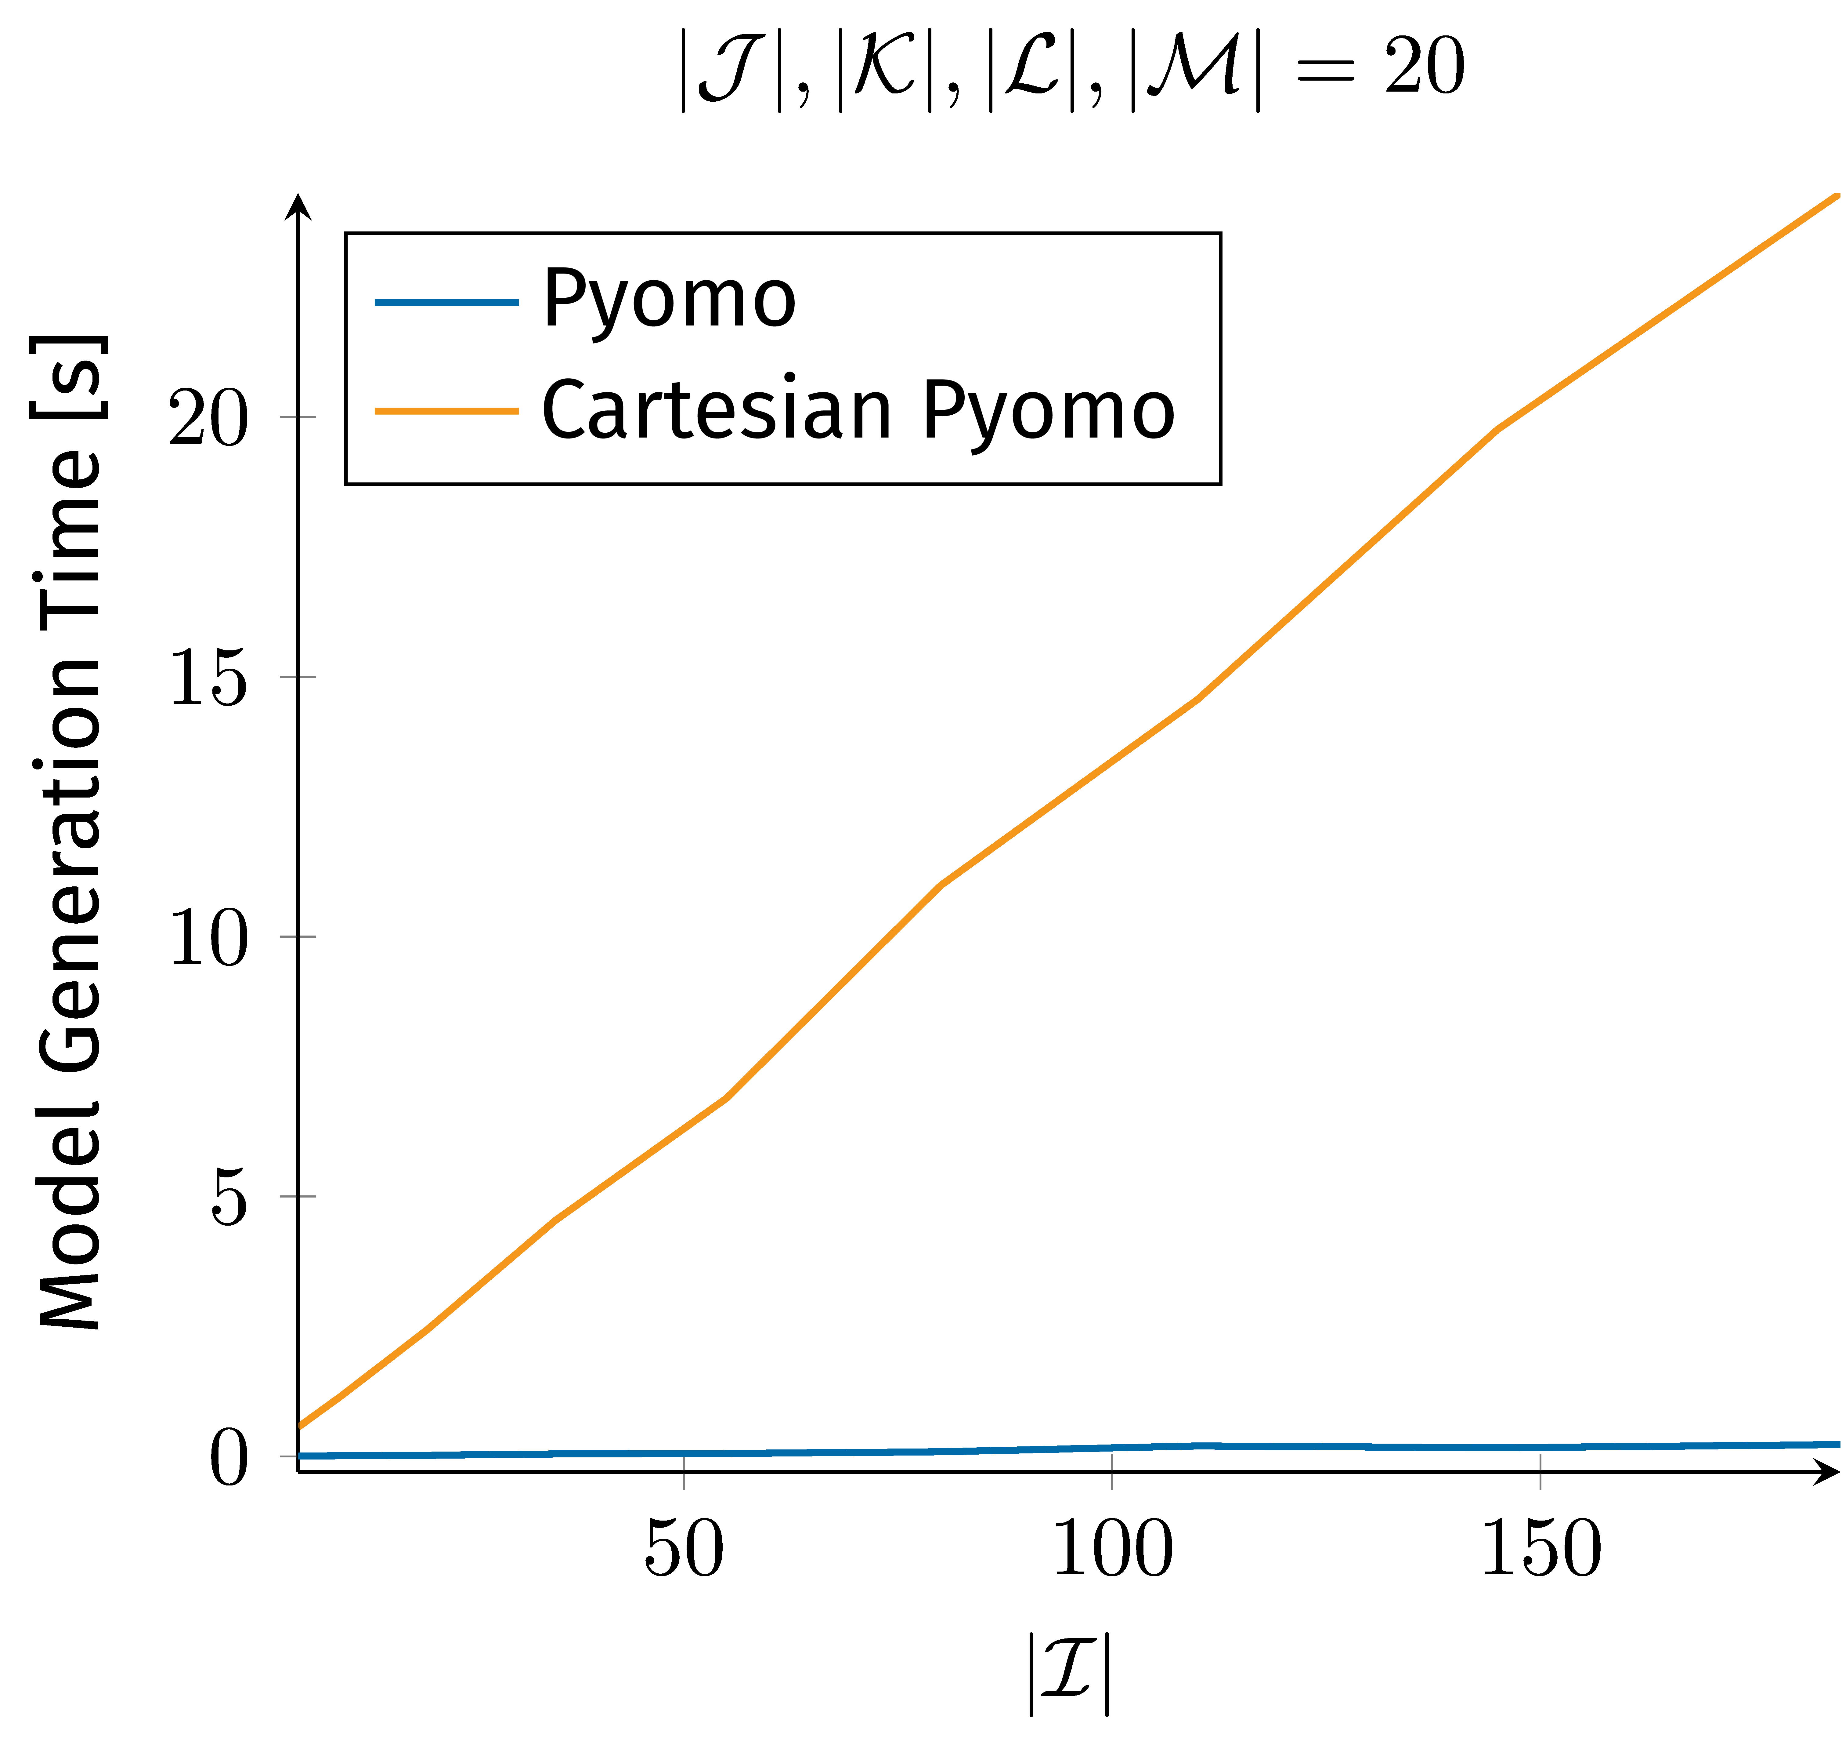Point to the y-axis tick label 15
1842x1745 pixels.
209,678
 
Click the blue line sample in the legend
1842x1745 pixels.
446,301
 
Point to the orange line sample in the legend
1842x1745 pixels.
446,410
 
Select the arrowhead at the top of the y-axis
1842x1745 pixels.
298,206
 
